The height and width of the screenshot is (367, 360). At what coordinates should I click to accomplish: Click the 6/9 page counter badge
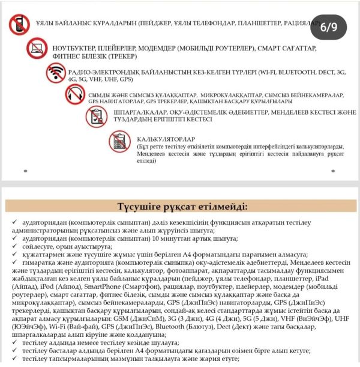pos(329,27)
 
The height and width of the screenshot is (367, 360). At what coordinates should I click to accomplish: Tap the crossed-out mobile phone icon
pos(19,24)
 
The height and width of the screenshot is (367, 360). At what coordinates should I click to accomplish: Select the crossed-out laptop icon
pos(38,49)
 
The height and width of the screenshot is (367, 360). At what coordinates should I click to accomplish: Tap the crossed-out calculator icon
pos(118,142)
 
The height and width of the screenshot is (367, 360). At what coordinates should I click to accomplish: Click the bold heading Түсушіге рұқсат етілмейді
pos(180,207)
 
